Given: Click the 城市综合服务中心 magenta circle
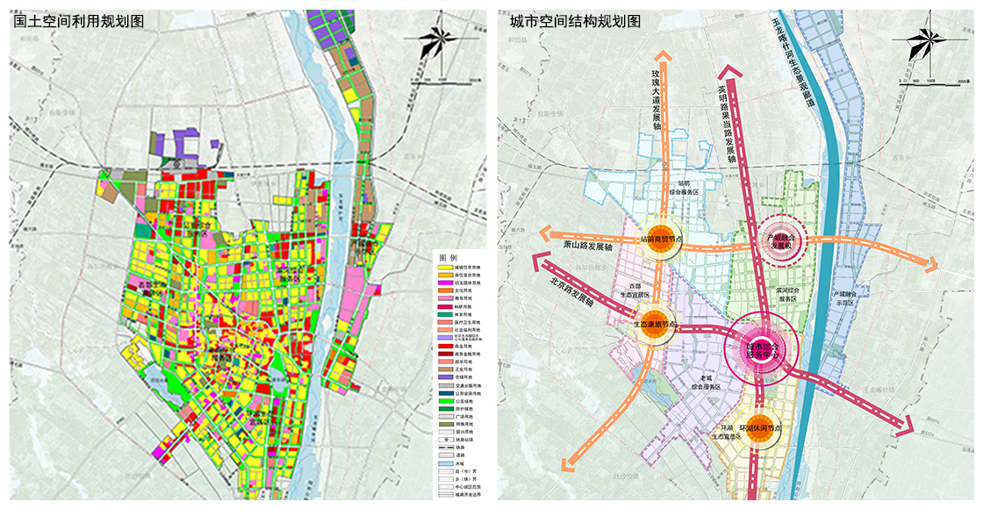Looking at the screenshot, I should point(762,348).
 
